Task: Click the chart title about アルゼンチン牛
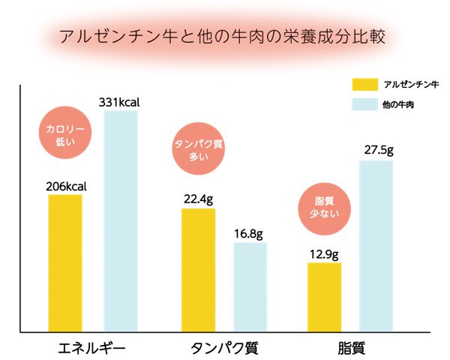coord(226,36)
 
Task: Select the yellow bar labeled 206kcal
coord(65,262)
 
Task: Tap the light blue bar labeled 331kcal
coord(121,221)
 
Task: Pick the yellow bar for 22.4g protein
coord(198,270)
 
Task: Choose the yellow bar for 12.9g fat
coord(324,297)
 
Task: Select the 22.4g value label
coord(198,199)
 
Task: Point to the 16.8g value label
coord(250,233)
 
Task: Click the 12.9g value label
coord(324,253)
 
